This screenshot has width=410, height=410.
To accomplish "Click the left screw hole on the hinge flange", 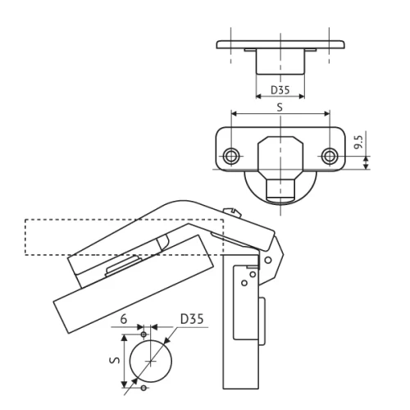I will click(x=232, y=155).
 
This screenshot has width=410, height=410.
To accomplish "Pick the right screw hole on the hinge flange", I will click(x=330, y=155).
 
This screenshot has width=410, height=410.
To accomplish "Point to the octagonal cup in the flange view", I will click(x=280, y=155).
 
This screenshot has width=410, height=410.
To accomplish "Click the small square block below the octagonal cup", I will click(x=280, y=188).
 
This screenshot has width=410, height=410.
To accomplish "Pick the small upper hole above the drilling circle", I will click(x=144, y=335).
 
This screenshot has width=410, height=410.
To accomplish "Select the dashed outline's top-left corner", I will click(x=25, y=220).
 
